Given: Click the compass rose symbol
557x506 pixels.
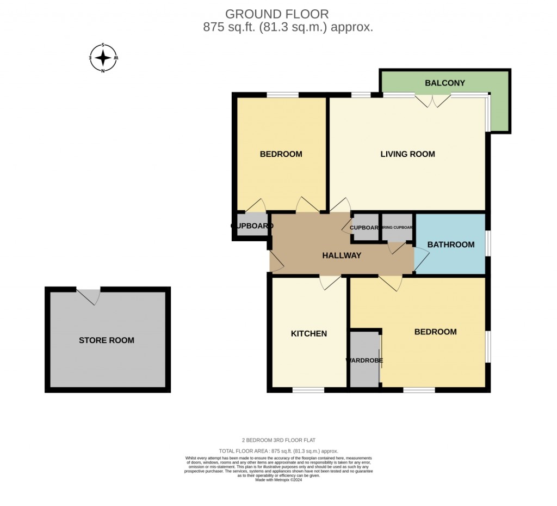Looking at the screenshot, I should [103, 58].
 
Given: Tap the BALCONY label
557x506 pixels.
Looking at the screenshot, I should [445, 83].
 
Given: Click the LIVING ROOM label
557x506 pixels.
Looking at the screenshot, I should [407, 154].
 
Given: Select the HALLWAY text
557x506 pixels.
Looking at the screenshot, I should [342, 255].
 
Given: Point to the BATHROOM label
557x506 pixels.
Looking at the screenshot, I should [450, 245].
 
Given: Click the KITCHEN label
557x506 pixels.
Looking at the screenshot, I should [308, 333].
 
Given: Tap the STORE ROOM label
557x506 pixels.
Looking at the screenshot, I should [107, 340].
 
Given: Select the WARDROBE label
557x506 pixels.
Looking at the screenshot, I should [364, 360].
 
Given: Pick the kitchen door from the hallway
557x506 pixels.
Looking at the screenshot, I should [331, 282].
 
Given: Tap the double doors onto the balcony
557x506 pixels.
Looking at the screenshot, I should [433, 100].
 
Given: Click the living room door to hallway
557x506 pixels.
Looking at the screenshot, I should [341, 205].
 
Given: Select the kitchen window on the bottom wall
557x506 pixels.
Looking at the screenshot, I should [308, 389].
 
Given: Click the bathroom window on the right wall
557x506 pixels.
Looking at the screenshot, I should [487, 243].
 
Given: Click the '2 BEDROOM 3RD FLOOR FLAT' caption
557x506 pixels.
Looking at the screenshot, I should [278, 440].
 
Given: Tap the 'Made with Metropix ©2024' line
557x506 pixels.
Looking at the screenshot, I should [278, 479].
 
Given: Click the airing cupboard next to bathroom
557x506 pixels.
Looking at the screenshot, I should [397, 228].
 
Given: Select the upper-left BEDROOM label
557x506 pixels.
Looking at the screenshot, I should [281, 154].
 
